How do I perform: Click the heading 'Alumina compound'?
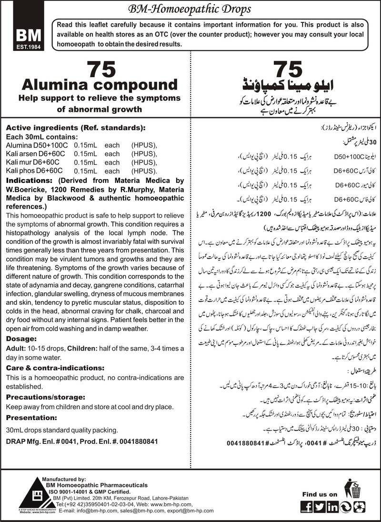98,85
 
